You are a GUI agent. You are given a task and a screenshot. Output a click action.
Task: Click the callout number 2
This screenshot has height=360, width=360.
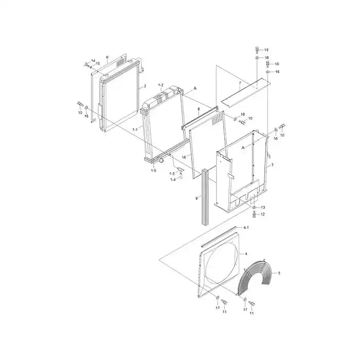[145, 86]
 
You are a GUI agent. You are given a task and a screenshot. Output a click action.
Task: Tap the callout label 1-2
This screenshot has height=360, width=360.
[160, 85]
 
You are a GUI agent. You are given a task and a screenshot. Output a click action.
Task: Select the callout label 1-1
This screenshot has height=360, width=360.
[135, 129]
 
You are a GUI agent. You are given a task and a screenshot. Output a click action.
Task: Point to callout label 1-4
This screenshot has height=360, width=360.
[173, 179]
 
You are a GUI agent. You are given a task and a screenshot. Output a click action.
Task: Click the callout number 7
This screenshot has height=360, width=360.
[239, 82]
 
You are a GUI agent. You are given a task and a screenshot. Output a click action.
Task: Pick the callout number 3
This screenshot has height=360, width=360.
[272, 165]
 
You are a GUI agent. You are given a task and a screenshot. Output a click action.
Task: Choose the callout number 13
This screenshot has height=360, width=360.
[263, 207]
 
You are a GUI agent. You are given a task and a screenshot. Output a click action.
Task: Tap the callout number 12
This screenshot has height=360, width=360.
[263, 214]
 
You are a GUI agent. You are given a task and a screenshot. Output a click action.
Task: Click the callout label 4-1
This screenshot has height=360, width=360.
[246, 227]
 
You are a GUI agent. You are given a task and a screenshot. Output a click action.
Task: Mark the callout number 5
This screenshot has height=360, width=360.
[279, 273]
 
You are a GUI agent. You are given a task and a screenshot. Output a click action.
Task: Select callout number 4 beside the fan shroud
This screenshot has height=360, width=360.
[246, 254]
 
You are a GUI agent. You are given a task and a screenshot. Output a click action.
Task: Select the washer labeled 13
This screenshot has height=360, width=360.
[254, 207]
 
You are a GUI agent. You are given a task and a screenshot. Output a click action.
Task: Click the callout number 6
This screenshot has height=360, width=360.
[106, 57]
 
